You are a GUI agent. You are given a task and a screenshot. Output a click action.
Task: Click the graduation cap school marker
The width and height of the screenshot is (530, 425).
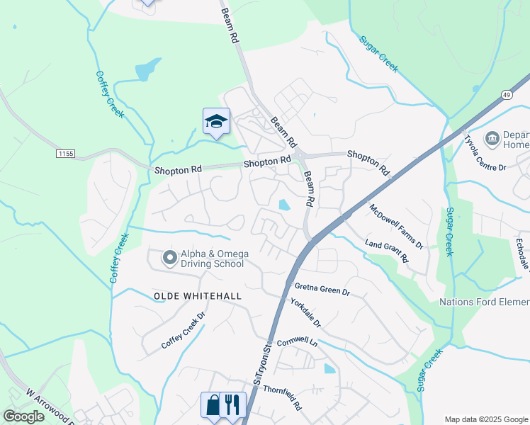(216, 121)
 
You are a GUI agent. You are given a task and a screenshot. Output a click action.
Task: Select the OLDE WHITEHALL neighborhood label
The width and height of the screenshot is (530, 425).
(198, 295)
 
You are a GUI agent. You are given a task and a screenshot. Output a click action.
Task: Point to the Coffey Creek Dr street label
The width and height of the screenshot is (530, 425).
(183, 331)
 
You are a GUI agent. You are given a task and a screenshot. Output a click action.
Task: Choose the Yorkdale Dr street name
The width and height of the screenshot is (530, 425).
(306, 312)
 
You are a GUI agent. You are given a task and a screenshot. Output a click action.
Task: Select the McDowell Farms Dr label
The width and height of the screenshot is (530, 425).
(395, 227)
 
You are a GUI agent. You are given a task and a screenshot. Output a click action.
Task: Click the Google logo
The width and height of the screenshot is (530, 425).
(23, 416)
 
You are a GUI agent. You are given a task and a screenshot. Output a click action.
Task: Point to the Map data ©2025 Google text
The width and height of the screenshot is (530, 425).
(486, 419)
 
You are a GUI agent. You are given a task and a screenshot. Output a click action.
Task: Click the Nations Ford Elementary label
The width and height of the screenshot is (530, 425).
(484, 302)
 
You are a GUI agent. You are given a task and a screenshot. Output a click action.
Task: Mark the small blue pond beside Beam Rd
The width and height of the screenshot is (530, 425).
(285, 205)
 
